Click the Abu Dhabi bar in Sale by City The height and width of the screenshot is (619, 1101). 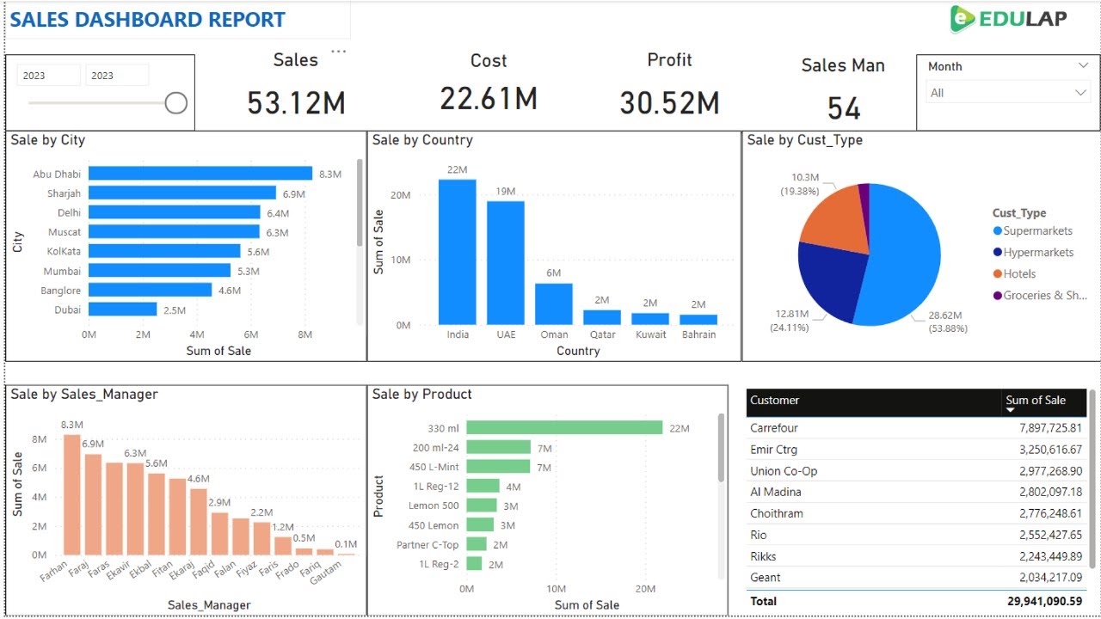200,174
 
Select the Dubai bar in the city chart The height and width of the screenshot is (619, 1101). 122,309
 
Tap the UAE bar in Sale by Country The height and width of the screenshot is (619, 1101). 506,262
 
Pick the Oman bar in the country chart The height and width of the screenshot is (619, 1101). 554,303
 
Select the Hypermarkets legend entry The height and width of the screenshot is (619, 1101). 1037,253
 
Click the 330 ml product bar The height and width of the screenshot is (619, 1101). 564,427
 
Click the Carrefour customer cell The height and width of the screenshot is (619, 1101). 774,428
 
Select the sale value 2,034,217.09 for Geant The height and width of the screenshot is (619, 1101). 1044,578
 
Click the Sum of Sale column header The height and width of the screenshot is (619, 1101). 1036,401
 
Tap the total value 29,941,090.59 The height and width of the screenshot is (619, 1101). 1044,602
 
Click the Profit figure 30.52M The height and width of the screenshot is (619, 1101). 669,103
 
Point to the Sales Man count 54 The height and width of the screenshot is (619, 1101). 843,108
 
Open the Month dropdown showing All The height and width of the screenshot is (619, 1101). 1007,93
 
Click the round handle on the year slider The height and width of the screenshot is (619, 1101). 176,103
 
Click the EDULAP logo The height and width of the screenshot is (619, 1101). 1008,19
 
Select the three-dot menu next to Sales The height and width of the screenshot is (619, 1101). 339,52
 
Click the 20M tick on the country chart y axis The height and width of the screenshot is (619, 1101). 400,195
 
